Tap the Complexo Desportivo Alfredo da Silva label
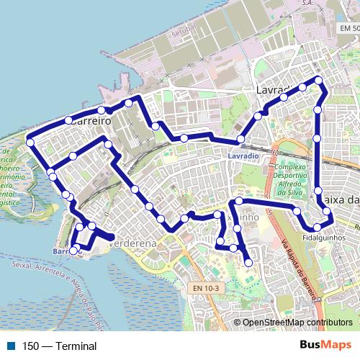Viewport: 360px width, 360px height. point(292,179)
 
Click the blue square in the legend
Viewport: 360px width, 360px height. point(11,346)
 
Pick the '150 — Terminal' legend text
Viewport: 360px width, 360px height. point(59,346)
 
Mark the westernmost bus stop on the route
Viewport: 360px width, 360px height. point(30,142)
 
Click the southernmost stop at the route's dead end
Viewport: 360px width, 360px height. point(248,263)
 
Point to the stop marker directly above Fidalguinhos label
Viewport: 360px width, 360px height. point(317,228)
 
